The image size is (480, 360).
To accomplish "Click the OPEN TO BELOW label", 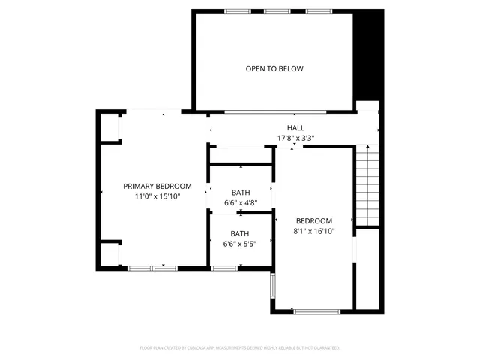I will coord(274,69).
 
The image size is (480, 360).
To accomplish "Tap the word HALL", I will coord(295,128).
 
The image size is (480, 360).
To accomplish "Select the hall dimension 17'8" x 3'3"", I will coord(295,138).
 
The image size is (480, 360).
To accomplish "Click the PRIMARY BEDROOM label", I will coord(157,186).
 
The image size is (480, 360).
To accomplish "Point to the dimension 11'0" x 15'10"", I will coord(157,196).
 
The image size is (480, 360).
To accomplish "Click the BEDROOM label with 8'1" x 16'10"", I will coord(313,221).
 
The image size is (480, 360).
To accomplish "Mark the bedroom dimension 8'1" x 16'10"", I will coord(313,232).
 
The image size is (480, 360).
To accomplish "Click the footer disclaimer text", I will coord(240,348).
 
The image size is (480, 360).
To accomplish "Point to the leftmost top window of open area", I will coord(238,11).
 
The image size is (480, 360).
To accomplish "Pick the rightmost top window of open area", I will coord(319,11).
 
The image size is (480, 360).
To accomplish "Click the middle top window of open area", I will coord(277,11).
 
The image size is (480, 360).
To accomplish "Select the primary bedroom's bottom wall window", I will coord(151,268).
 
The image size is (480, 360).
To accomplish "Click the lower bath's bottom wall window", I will coord(223,268).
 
